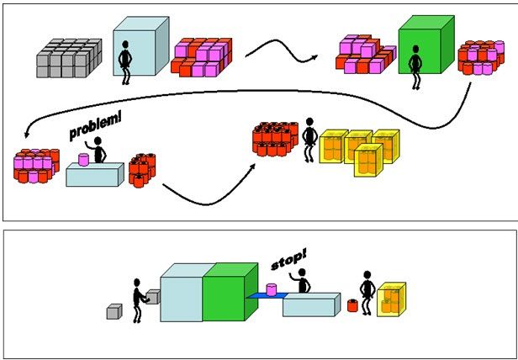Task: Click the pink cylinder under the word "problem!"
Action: (x=84, y=159)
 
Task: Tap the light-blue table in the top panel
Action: (x=94, y=175)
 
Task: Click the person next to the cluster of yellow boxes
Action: (x=309, y=140)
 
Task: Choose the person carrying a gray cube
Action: (x=138, y=299)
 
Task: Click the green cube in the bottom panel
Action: (x=226, y=292)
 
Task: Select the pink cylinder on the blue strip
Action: (x=272, y=289)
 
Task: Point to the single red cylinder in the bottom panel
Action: (x=352, y=305)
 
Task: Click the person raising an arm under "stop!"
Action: (x=304, y=282)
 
